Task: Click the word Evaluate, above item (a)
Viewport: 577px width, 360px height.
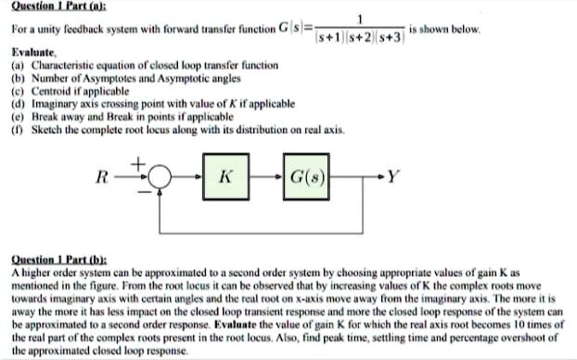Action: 34,55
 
